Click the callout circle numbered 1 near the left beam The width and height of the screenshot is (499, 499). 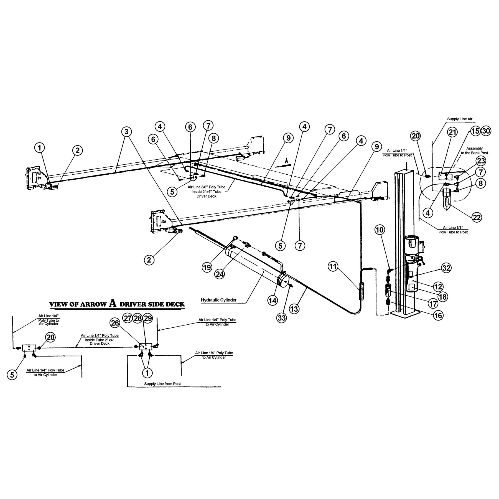pyautogui.click(x=40, y=148)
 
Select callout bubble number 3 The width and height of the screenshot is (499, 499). pyautogui.click(x=126, y=131)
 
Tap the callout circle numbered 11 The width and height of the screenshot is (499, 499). pyautogui.click(x=333, y=267)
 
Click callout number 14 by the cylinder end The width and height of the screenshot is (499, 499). pyautogui.click(x=273, y=300)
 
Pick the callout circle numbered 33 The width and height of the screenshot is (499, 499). pyautogui.click(x=282, y=318)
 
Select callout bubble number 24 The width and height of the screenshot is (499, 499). pyautogui.click(x=220, y=274)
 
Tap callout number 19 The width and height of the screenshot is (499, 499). pyautogui.click(x=207, y=267)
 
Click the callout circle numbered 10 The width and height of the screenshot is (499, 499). pyautogui.click(x=380, y=230)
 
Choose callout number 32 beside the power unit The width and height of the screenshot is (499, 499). pyautogui.click(x=446, y=268)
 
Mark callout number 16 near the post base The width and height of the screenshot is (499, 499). pyautogui.click(x=438, y=315)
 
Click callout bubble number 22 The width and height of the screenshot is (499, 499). pyautogui.click(x=477, y=217)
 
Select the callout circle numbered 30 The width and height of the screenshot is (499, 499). pyautogui.click(x=486, y=131)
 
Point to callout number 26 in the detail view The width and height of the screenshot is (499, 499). pyautogui.click(x=115, y=323)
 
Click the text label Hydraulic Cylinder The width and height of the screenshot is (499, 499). pyautogui.click(x=218, y=300)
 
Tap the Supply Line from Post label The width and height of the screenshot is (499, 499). pyautogui.click(x=162, y=384)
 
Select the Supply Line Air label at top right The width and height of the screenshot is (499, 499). pyautogui.click(x=459, y=119)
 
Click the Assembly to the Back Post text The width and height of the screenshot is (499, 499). pyautogui.click(x=474, y=151)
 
